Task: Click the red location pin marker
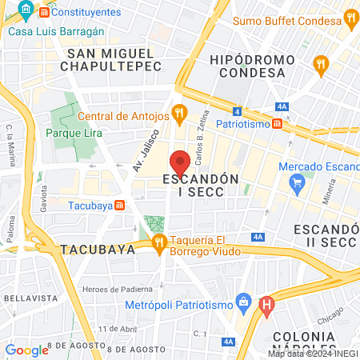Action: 180,162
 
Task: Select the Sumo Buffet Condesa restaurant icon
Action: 350,17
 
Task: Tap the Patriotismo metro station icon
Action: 277,124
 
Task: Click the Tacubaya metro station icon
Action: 119,206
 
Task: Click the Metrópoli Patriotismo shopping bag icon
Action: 242,304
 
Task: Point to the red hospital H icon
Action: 267,304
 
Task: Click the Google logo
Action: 26,350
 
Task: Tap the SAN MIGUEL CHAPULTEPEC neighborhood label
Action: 114,60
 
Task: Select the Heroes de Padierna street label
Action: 120,288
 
